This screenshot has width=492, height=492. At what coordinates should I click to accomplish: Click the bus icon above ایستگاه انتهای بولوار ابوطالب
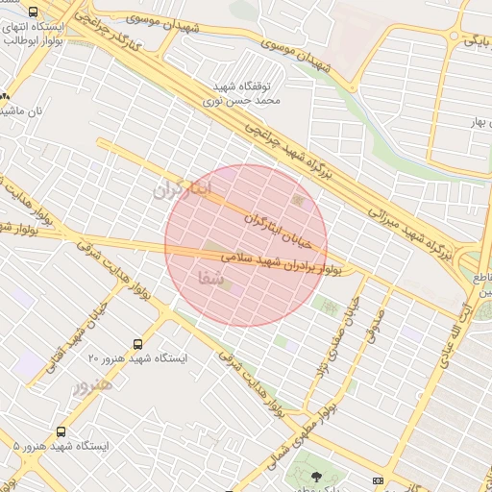pyautogui.click(x=35, y=12)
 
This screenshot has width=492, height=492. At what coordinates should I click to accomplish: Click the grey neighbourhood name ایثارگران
pyautogui.click(x=180, y=189)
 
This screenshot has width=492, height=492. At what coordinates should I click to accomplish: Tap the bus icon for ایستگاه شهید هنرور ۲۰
pyautogui.click(x=139, y=343)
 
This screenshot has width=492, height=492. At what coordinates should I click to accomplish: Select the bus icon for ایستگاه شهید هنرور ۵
pyautogui.click(x=61, y=432)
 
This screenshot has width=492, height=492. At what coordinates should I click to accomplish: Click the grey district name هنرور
pyautogui.click(x=93, y=386)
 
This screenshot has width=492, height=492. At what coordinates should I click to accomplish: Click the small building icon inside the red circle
pyautogui.click(x=298, y=200)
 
